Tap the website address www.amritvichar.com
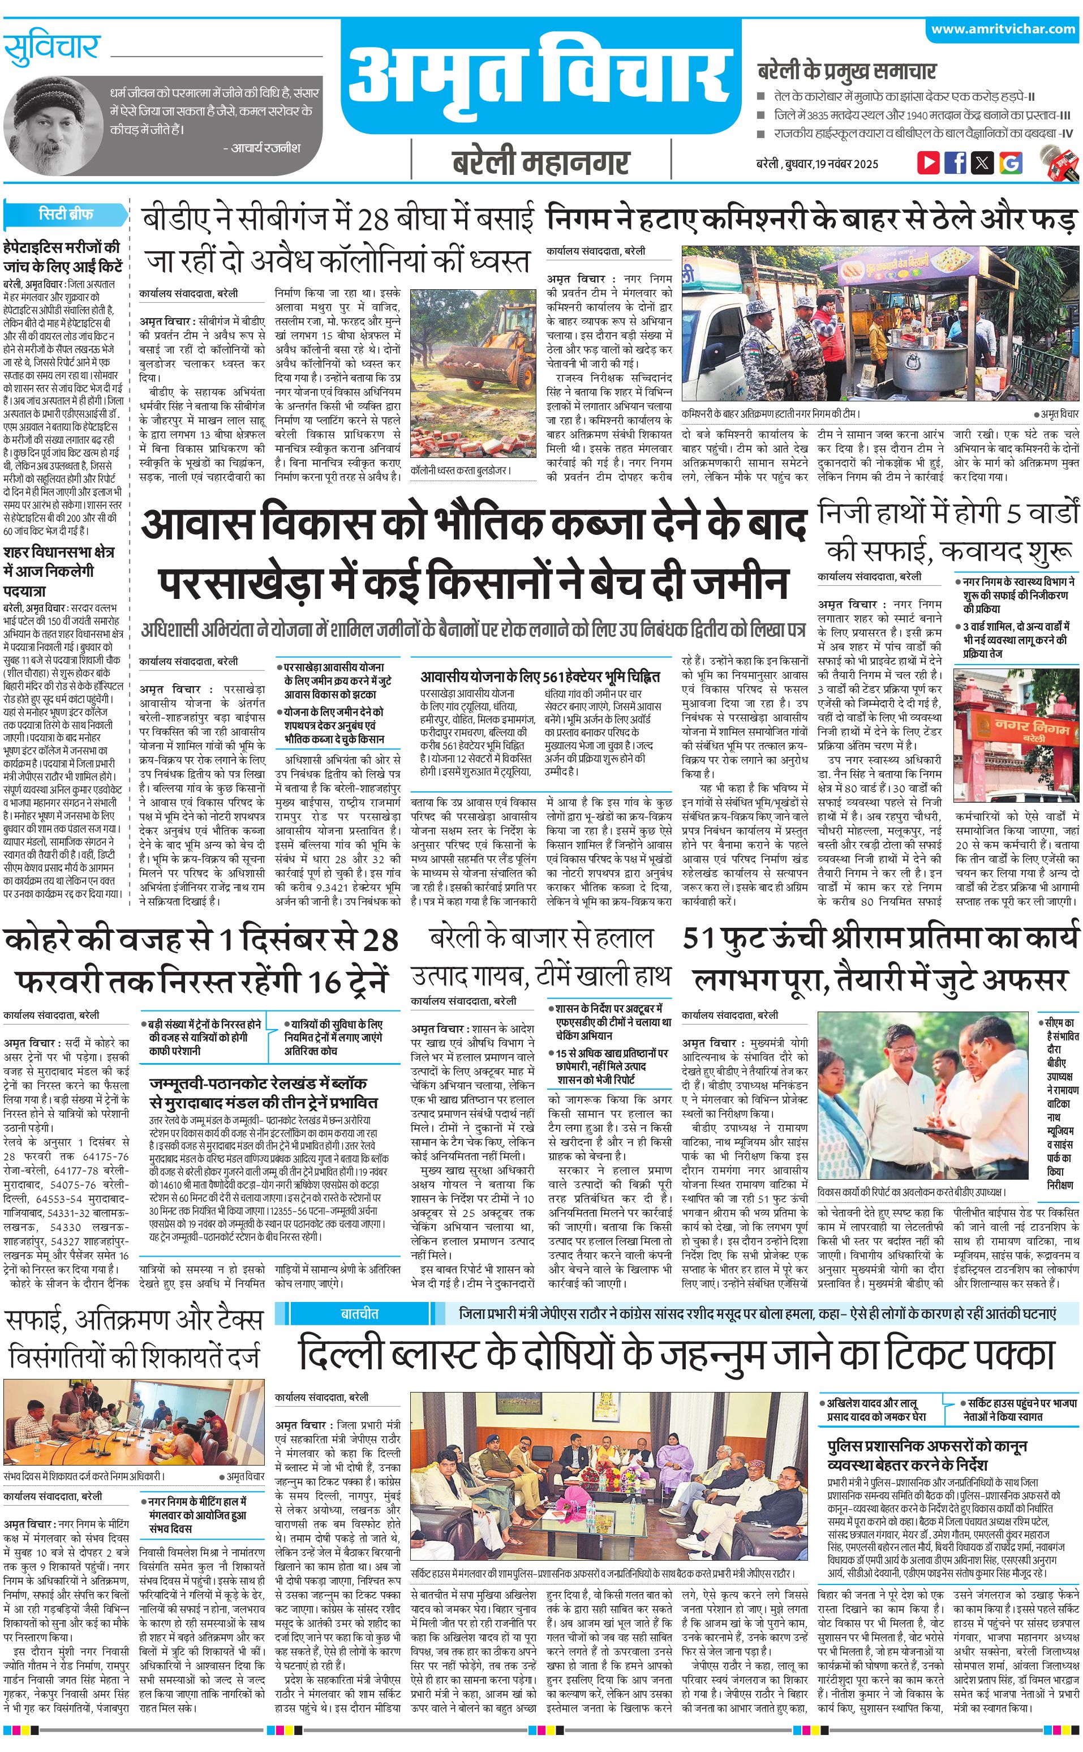[1003, 29]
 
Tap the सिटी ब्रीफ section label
[66, 213]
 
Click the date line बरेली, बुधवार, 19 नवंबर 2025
[816, 164]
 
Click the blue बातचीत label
[359, 1313]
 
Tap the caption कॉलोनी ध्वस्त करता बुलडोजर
[461, 471]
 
